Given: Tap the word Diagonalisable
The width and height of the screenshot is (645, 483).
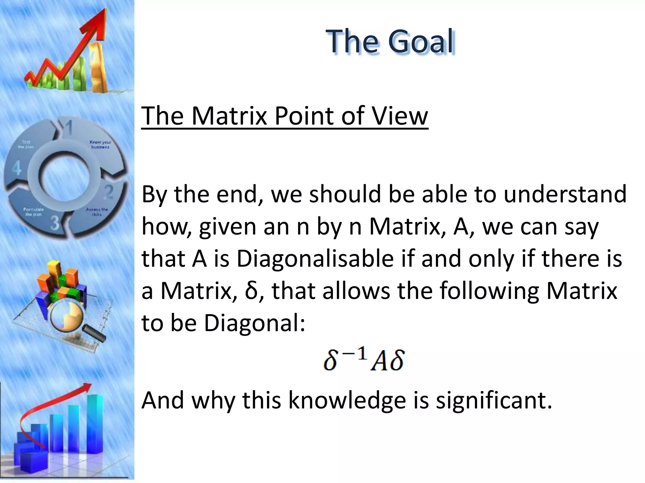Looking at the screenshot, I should [x=315, y=259].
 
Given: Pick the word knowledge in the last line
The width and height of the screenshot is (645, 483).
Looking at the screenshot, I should [x=347, y=400].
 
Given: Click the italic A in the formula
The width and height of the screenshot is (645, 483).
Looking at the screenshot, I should [x=379, y=362].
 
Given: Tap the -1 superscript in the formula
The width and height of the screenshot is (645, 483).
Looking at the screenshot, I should [x=357, y=354].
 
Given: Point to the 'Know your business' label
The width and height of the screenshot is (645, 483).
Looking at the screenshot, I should [x=100, y=145].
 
